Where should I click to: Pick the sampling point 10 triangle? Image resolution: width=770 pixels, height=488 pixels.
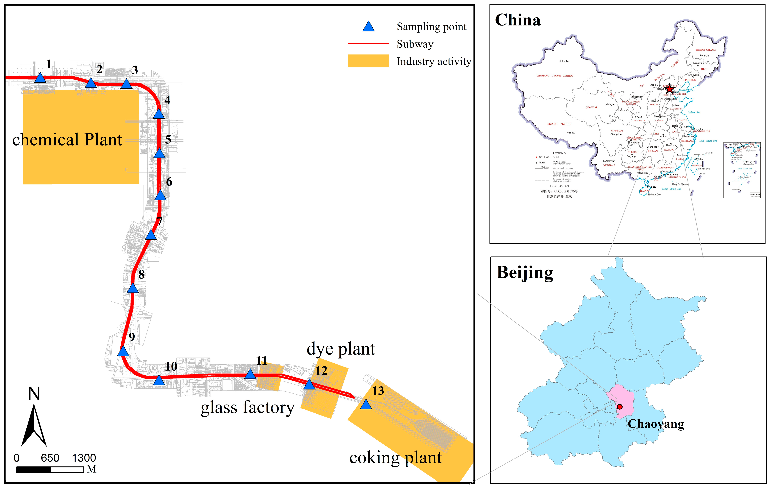(159, 380)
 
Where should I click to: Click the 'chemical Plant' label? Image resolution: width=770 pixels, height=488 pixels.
(67, 140)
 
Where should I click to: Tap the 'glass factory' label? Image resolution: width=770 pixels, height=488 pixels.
(248, 408)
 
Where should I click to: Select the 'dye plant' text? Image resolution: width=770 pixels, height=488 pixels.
(341, 349)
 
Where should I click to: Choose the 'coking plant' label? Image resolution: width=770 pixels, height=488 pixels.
(396, 458)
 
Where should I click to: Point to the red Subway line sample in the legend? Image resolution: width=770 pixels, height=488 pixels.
(368, 43)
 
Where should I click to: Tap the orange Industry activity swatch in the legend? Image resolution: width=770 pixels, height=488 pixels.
(368, 61)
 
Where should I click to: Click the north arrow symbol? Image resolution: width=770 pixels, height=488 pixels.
(34, 425)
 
